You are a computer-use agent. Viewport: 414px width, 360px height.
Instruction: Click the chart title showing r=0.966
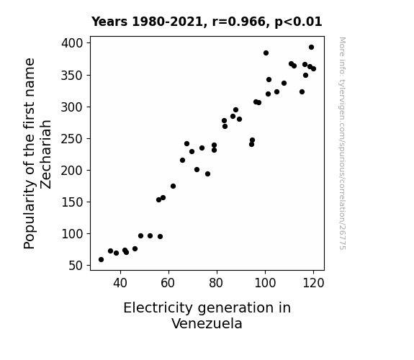(207, 22)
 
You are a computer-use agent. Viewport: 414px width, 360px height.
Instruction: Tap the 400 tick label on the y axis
(72, 43)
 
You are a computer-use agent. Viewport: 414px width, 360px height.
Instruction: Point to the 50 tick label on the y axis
(76, 266)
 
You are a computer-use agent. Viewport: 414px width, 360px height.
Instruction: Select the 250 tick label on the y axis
(72, 139)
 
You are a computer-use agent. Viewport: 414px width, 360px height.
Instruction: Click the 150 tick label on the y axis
(72, 202)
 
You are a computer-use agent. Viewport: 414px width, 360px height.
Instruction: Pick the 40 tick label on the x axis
(120, 283)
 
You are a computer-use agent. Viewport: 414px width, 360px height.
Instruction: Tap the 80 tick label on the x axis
(217, 283)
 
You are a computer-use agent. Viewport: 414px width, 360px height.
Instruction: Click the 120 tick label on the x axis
(313, 283)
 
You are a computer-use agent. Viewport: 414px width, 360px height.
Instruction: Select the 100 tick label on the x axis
(265, 283)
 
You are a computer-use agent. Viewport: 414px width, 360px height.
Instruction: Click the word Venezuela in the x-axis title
(207, 323)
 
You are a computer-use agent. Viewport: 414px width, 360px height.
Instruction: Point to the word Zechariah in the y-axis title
(45, 154)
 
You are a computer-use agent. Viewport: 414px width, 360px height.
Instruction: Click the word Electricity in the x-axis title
(158, 308)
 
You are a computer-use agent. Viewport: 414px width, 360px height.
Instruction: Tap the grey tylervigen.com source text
(342, 143)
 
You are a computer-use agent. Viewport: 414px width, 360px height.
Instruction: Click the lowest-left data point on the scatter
(101, 260)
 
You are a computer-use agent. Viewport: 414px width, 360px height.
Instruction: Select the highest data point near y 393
(311, 48)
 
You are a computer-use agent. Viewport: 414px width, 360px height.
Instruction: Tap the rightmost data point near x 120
(313, 68)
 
